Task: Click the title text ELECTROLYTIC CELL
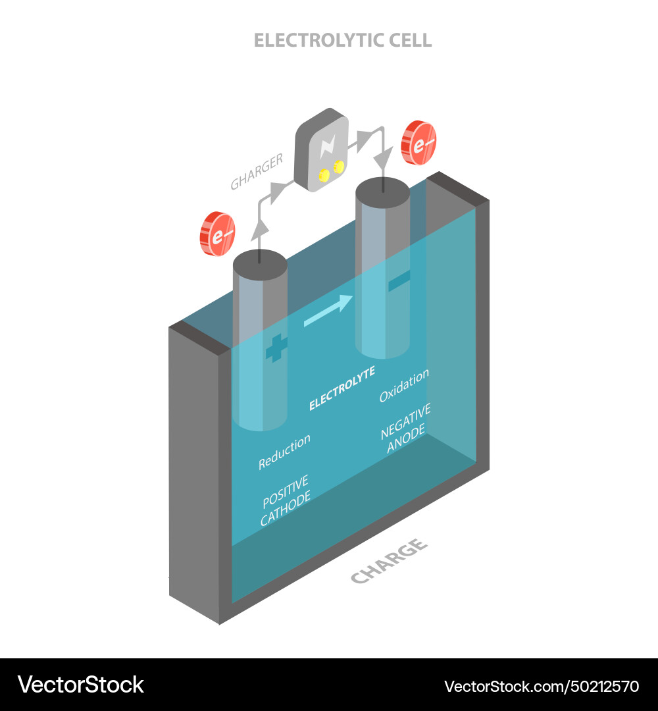[343, 40]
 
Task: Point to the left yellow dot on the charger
[324, 174]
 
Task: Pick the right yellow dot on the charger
[339, 167]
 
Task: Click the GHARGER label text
[257, 172]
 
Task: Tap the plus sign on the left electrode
[277, 348]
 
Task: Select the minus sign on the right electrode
[399, 281]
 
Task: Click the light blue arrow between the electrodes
[328, 311]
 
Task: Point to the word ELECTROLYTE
[342, 389]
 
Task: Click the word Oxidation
[404, 385]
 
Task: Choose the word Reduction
[284, 452]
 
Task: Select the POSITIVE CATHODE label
[286, 500]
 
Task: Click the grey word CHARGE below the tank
[389, 561]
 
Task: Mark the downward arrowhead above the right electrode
[382, 159]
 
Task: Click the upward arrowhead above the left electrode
[260, 226]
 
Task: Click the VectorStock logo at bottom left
[81, 685]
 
